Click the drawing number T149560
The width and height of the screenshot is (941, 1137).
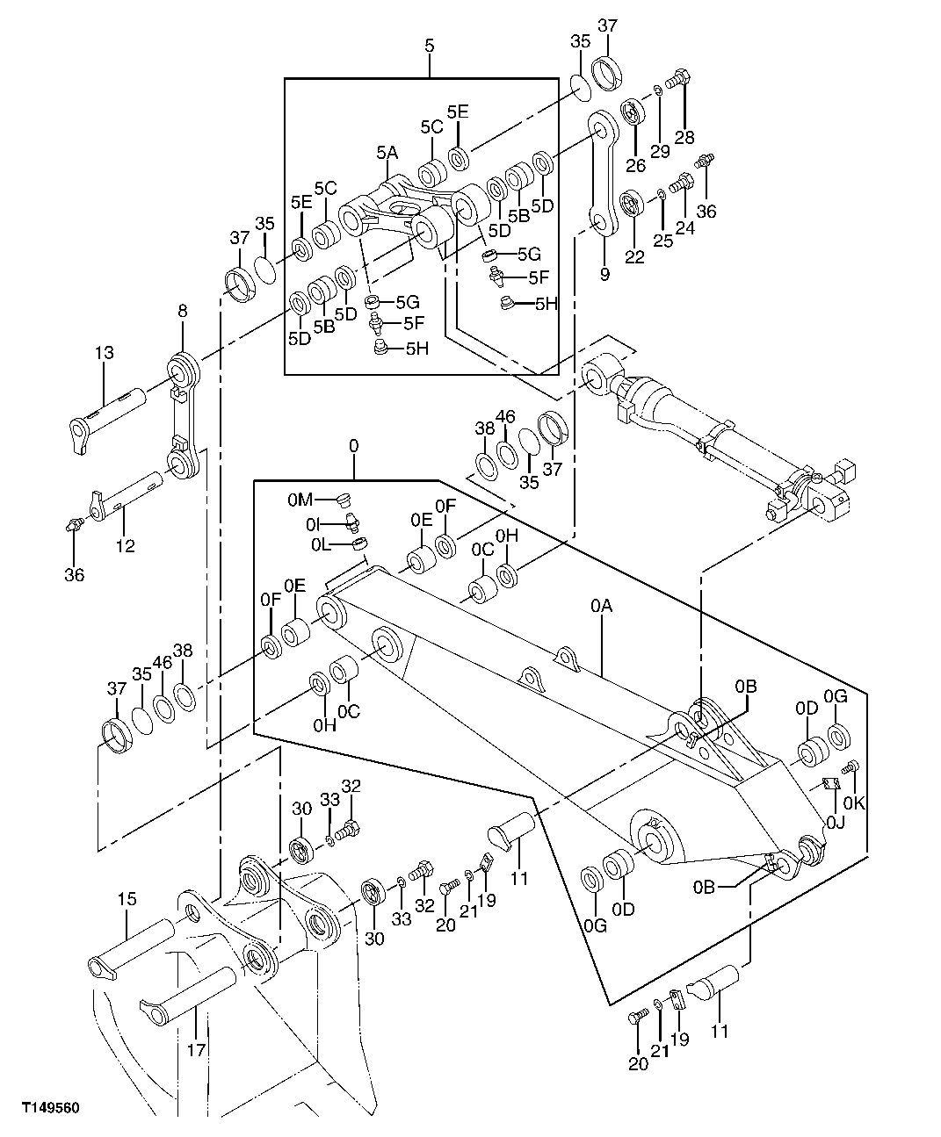click(x=51, y=1108)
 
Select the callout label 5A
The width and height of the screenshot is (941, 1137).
click(x=387, y=153)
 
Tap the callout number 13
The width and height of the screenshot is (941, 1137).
click(x=105, y=353)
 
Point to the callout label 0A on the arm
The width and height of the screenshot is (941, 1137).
click(x=601, y=605)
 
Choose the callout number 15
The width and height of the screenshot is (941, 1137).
click(x=127, y=899)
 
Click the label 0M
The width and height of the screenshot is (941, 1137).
click(x=300, y=500)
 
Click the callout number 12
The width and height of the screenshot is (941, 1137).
click(x=125, y=545)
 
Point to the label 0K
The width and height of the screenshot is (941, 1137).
click(x=854, y=802)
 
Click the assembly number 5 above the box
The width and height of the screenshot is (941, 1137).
click(x=429, y=45)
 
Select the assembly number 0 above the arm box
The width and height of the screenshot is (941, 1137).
click(x=353, y=446)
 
